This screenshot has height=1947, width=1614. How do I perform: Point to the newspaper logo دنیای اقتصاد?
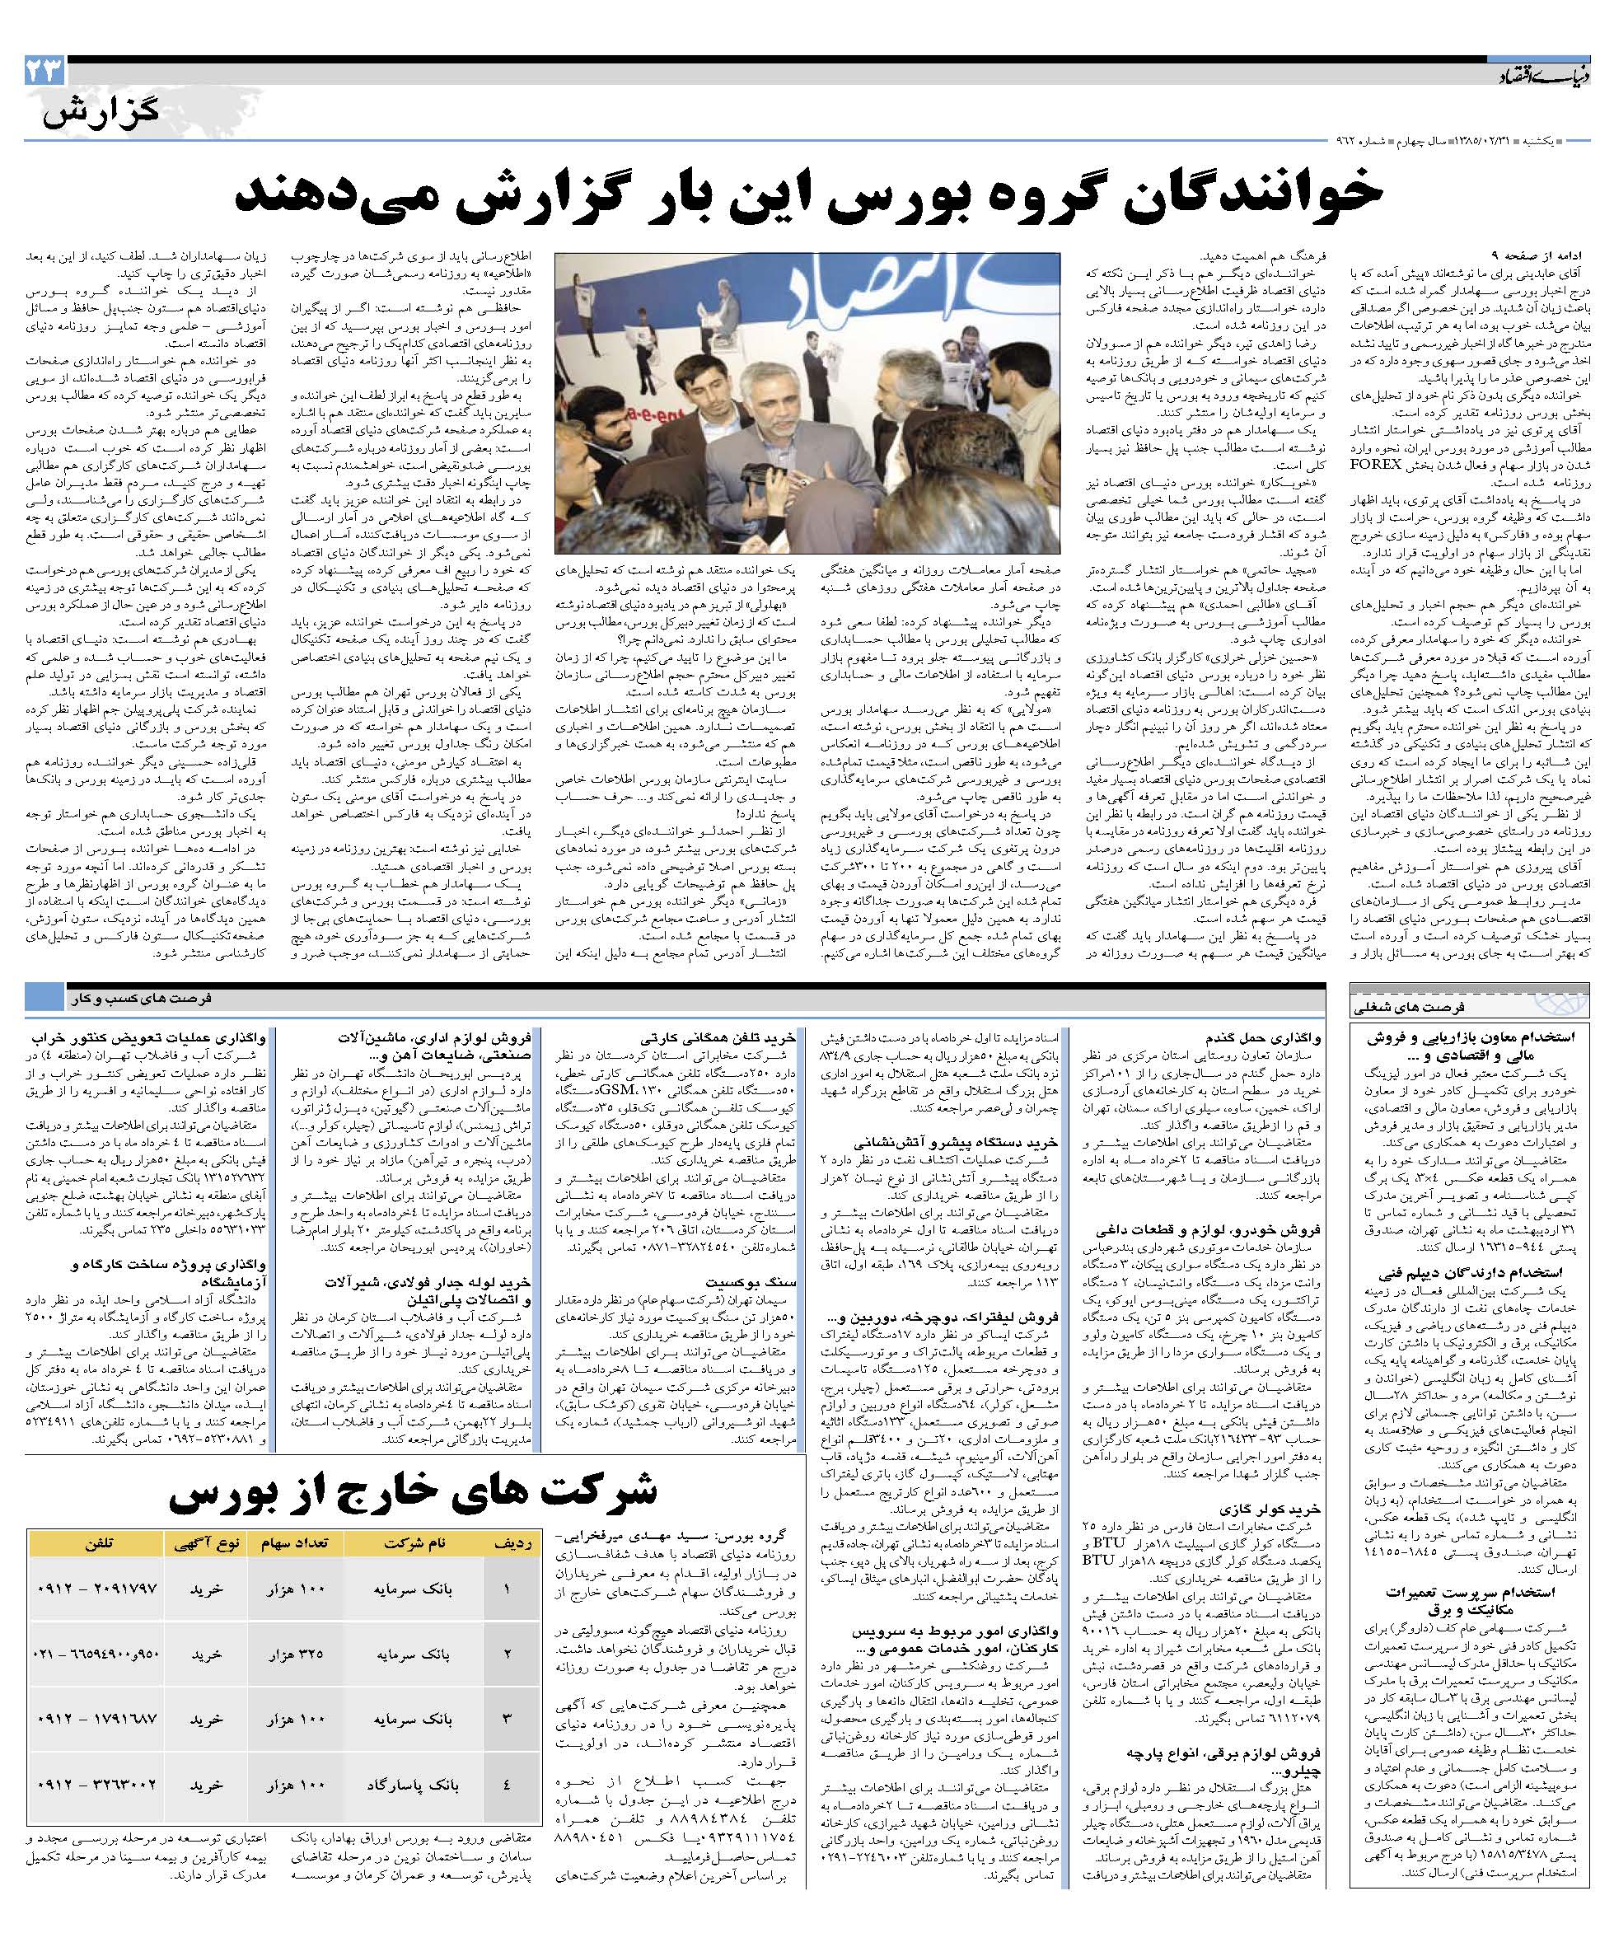point(1540,74)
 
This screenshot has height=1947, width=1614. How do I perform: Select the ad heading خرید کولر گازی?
point(1289,1509)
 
